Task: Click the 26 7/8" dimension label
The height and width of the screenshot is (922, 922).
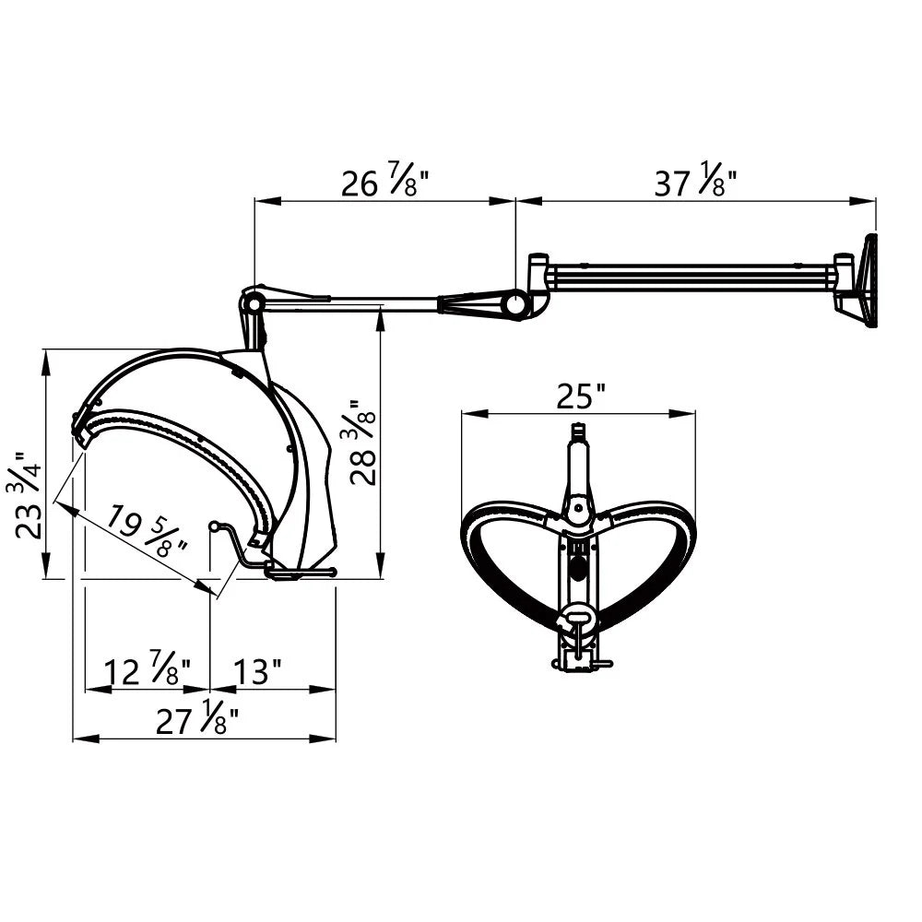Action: click(x=385, y=183)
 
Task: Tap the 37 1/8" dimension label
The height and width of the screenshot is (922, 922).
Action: click(x=696, y=183)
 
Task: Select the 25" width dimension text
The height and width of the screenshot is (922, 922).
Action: click(x=581, y=396)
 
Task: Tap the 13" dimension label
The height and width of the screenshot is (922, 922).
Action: click(x=257, y=671)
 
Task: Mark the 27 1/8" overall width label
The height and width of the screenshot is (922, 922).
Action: click(x=197, y=718)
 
